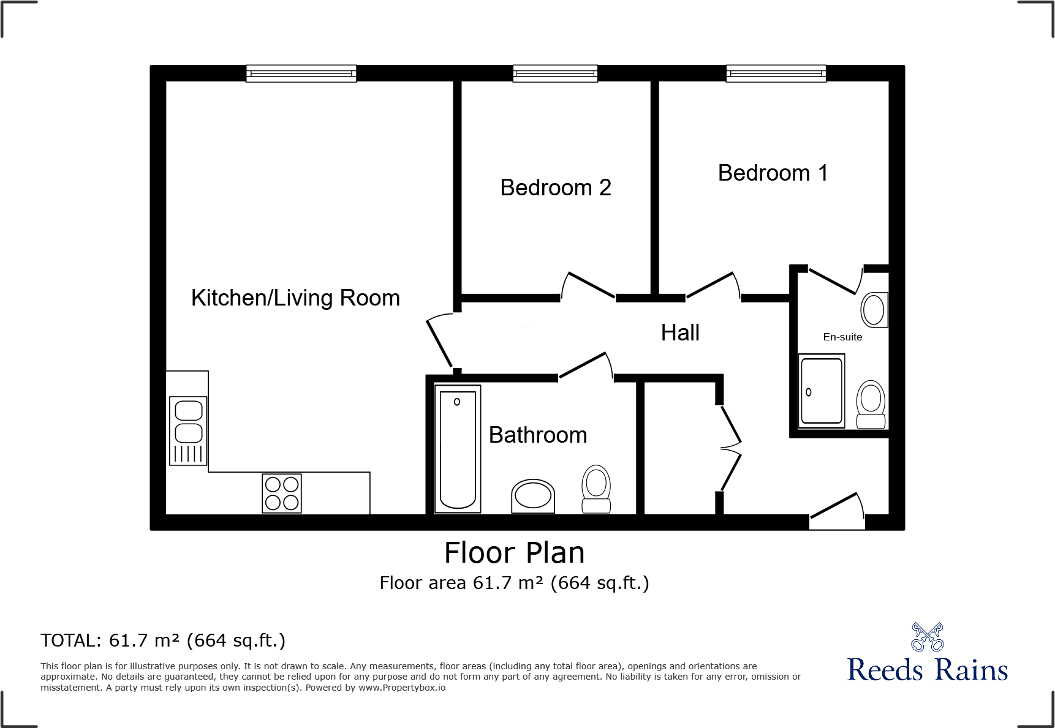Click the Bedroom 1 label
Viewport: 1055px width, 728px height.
773,173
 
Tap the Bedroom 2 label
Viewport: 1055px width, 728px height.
555,188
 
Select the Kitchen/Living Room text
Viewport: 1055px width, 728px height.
295,298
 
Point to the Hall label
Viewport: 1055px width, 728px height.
680,333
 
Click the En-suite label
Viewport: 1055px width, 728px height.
842,337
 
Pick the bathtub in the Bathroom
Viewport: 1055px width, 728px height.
458,449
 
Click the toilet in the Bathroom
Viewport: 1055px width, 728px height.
596,489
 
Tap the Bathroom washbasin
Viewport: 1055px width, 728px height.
533,496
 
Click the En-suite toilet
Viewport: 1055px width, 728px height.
871,404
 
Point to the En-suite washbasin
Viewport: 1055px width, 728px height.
874,310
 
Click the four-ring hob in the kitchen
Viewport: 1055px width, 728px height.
282,493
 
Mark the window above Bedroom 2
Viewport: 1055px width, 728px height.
555,74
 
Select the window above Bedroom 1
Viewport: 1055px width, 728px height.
776,74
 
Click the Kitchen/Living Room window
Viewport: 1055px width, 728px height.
301,74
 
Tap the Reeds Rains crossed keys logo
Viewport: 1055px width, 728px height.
927,637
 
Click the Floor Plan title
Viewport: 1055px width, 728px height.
514,553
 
